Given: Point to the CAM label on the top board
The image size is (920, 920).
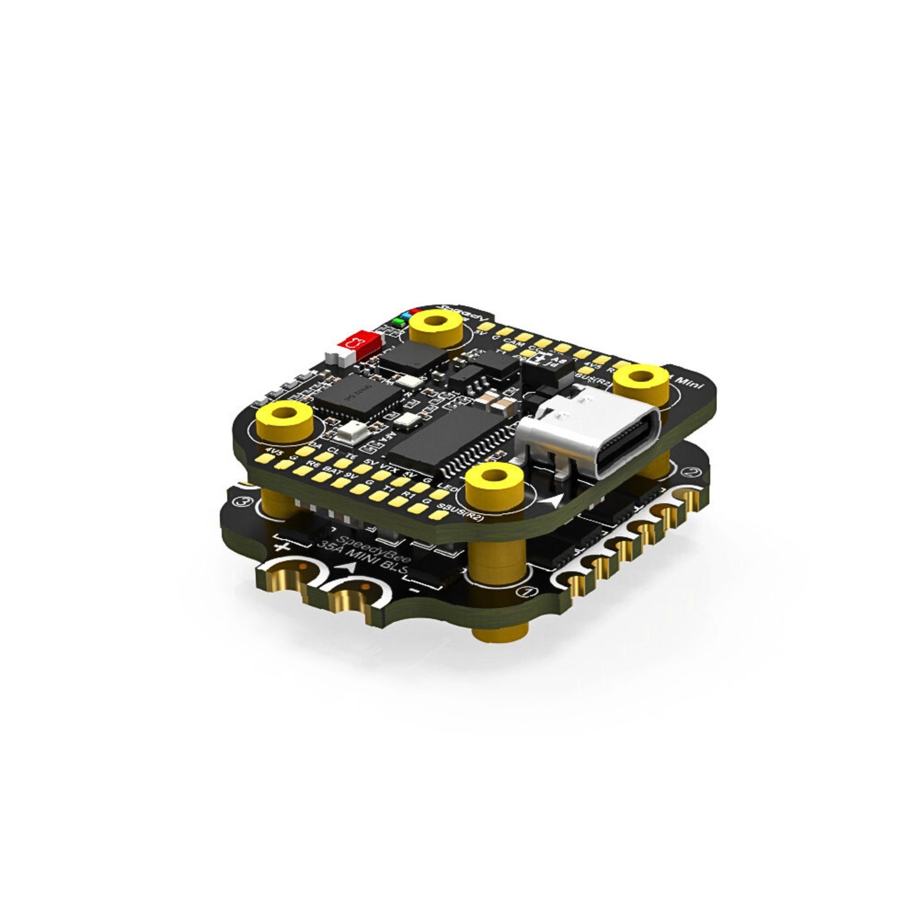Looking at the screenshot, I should (x=517, y=344).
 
